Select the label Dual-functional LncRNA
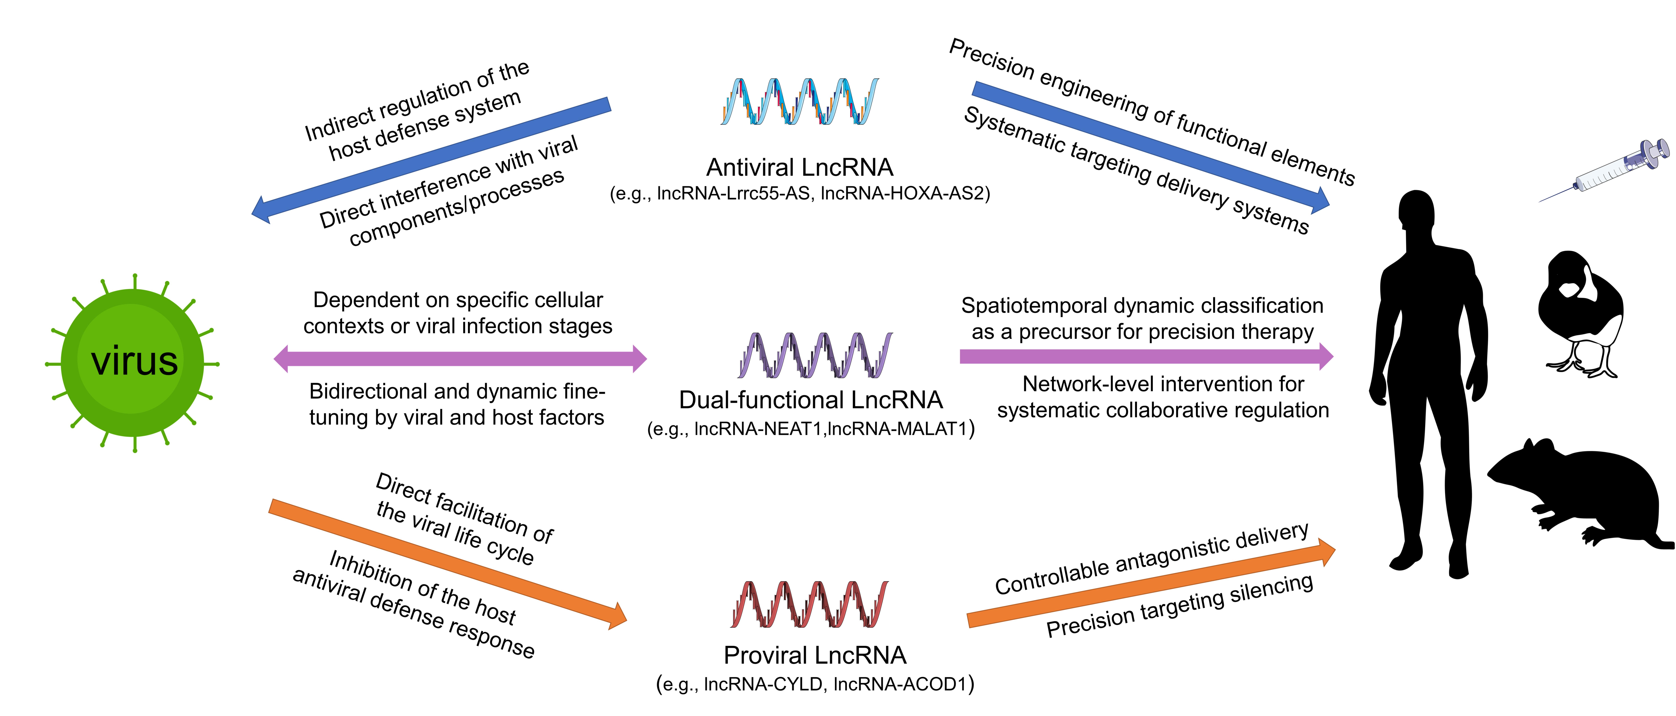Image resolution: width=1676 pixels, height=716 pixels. pos(811,400)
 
